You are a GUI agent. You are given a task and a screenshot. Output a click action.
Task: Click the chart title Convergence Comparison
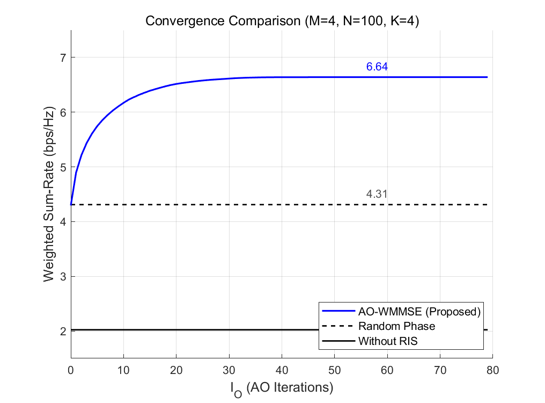pyautogui.click(x=282, y=22)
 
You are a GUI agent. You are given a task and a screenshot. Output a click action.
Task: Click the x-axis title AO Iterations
pyautogui.click(x=282, y=387)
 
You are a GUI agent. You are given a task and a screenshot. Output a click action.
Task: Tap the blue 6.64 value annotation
pyautogui.click(x=377, y=67)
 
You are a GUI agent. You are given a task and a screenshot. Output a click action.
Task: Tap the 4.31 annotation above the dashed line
pyautogui.click(x=377, y=195)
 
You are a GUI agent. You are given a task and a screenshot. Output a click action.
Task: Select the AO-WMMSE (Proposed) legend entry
pyautogui.click(x=418, y=311)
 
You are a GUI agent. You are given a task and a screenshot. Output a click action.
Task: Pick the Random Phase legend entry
pyautogui.click(x=396, y=326)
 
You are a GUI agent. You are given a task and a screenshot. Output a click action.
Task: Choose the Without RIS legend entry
pyautogui.click(x=388, y=341)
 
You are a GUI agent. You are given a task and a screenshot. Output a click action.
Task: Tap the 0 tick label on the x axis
pyautogui.click(x=71, y=370)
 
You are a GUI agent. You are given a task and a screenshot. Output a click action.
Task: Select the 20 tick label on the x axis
pyautogui.click(x=176, y=370)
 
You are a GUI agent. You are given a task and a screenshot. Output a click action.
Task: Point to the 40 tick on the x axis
pyautogui.click(x=282, y=370)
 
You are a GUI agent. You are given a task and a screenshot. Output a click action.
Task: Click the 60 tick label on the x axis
pyautogui.click(x=387, y=370)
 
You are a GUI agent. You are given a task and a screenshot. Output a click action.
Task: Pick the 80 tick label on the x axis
pyautogui.click(x=492, y=370)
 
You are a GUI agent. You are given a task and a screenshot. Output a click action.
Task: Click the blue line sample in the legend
pyautogui.click(x=338, y=311)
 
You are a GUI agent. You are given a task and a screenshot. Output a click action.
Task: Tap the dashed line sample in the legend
pyautogui.click(x=338, y=326)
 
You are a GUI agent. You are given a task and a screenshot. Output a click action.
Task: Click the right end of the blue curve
pyautogui.click(x=487, y=77)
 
